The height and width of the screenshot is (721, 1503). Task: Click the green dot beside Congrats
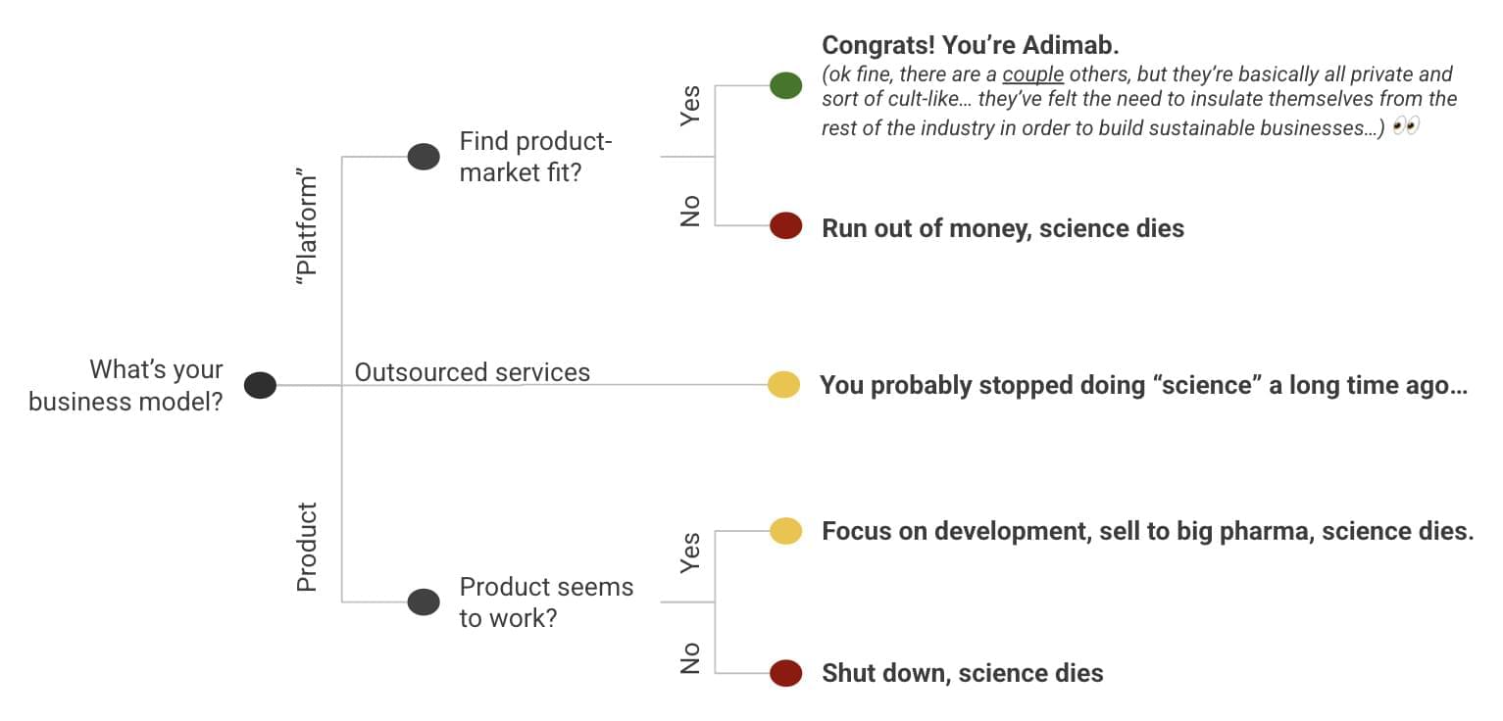[x=785, y=85]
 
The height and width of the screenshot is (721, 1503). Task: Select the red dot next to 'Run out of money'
[x=785, y=226]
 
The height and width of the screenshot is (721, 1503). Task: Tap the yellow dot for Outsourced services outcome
[x=783, y=385]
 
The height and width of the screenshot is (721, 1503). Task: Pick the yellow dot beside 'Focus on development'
[x=785, y=530]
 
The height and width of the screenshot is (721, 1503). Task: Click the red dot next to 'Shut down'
[x=785, y=673]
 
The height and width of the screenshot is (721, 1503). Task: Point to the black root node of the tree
[x=260, y=385]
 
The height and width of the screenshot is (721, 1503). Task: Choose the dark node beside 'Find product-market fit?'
[x=424, y=157]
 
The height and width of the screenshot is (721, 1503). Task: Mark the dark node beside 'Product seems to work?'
[x=424, y=601]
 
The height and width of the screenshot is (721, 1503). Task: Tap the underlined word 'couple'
[x=1032, y=74]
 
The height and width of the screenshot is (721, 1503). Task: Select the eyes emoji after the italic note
[x=1405, y=126]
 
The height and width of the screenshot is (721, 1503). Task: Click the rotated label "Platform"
[x=307, y=230]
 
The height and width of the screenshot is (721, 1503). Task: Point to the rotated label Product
[x=307, y=548]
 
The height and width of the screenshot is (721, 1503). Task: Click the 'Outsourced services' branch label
[x=472, y=372]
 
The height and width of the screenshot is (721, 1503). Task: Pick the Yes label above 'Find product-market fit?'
[x=690, y=105]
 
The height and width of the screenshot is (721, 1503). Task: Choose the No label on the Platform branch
[x=690, y=211]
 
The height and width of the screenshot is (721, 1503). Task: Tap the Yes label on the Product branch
[x=690, y=553]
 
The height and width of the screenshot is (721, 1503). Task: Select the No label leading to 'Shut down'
[x=690, y=657]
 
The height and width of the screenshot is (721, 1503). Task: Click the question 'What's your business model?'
[x=126, y=386]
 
